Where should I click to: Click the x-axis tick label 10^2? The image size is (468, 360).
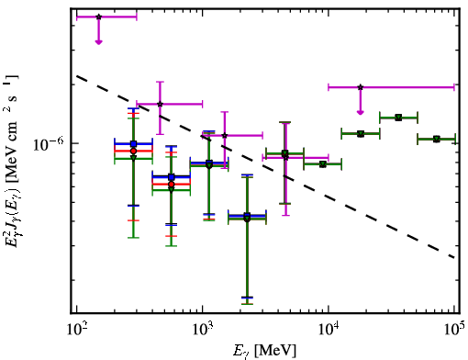76,331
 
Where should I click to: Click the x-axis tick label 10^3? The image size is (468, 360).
202,331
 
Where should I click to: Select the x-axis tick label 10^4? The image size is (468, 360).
329,331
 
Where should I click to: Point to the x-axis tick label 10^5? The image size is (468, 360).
454,331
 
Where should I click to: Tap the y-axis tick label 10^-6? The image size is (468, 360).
48,144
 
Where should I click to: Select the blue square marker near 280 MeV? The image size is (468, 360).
133,143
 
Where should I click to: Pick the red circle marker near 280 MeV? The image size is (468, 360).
133,151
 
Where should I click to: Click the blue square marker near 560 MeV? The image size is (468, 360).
172,177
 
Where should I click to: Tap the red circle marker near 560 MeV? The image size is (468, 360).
172,185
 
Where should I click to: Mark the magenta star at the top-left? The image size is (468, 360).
98,17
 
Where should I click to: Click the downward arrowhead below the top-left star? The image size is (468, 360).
98,42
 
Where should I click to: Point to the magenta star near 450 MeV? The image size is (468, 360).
160,104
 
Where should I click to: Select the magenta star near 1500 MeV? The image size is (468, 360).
225,135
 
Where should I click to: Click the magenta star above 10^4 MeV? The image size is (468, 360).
361,87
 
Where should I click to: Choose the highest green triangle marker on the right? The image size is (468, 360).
398,118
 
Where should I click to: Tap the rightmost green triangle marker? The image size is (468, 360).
437,140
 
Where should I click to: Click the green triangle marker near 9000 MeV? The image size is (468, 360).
322,164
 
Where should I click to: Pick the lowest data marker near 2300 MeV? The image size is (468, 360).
247,219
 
